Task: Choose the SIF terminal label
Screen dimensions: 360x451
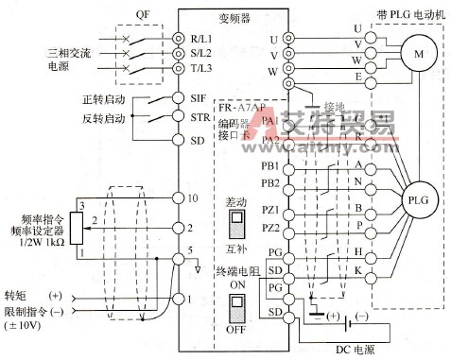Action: click(x=196, y=97)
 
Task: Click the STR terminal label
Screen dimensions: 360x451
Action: click(x=196, y=118)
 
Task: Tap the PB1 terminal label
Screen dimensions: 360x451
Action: click(x=270, y=166)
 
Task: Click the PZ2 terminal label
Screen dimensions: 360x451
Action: click(x=270, y=228)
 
